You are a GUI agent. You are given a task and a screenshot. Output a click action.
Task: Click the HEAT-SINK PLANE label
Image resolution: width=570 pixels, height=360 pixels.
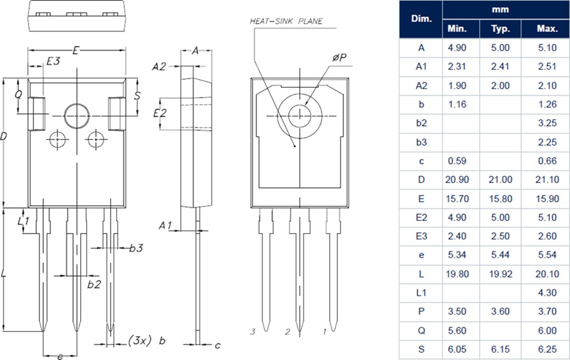[x=286, y=22]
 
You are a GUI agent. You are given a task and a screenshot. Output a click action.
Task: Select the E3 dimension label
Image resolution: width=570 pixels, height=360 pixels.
[x=53, y=61]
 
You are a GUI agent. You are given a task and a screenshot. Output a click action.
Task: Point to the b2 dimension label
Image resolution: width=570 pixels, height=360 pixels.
[x=94, y=285]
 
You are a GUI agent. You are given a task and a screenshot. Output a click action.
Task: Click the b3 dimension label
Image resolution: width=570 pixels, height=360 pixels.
[x=136, y=248]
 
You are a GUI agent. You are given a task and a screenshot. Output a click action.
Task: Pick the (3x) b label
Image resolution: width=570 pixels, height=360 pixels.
[x=147, y=340]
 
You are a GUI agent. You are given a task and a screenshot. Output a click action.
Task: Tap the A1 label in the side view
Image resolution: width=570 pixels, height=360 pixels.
[x=166, y=225]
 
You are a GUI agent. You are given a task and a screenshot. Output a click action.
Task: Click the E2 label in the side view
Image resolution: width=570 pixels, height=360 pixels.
[x=160, y=113]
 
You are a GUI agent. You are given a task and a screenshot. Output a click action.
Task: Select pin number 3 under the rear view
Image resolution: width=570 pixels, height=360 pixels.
[x=253, y=332]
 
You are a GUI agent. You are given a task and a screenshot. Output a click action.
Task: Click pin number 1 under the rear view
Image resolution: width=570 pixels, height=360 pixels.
[x=325, y=332]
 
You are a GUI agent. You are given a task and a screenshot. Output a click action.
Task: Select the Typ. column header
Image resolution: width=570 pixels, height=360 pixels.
[x=500, y=29]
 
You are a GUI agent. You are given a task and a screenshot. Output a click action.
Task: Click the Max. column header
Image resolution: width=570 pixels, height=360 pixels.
[x=547, y=29]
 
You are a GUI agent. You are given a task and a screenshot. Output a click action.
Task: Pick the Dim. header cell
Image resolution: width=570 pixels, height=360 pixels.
[x=421, y=19]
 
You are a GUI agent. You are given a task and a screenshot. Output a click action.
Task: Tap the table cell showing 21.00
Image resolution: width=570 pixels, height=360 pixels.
[x=500, y=179]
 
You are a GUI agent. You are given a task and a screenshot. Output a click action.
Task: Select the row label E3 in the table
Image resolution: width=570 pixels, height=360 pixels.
[x=421, y=236]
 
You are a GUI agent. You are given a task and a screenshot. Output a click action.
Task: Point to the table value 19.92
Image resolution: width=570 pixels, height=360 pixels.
[x=500, y=274]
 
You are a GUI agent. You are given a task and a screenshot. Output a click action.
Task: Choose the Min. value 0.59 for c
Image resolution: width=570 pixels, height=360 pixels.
[x=458, y=161]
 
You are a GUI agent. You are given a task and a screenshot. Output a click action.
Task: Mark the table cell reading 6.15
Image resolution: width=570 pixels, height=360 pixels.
[x=500, y=349]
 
